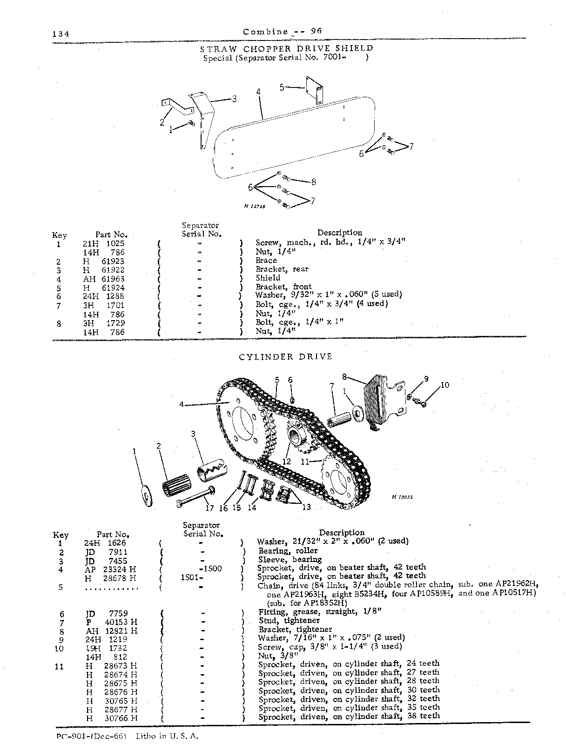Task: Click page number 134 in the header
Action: click(61, 33)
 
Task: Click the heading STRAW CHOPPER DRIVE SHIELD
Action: click(286, 48)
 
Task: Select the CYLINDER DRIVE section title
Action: click(285, 357)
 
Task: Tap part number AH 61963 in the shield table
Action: click(104, 279)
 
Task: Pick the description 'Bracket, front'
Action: click(283, 286)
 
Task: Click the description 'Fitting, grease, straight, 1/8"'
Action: click(320, 612)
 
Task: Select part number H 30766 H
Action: click(111, 718)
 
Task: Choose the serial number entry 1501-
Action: click(192, 578)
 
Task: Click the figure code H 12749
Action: click(255, 207)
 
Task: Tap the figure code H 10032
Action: click(402, 497)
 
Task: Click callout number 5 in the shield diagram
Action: click(282, 87)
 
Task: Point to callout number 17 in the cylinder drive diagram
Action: click(209, 508)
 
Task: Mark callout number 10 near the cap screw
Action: click(445, 385)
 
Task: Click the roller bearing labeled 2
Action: click(176, 485)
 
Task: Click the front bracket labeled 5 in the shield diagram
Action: click(315, 90)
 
